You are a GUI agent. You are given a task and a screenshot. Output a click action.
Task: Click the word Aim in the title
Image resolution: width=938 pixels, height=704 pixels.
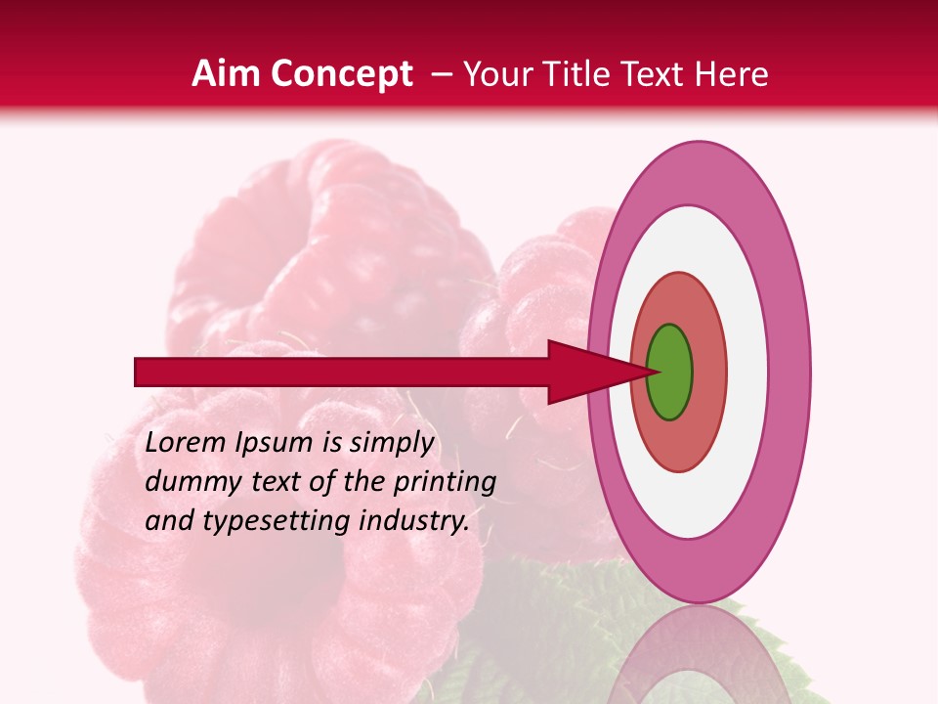coord(227,74)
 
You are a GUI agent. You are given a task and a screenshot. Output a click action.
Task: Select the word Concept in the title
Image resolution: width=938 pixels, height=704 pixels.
coord(341,74)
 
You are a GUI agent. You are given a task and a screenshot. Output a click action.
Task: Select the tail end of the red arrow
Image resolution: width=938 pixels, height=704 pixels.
coord(142,372)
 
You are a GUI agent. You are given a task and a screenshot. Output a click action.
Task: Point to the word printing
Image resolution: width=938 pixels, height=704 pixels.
coord(445,483)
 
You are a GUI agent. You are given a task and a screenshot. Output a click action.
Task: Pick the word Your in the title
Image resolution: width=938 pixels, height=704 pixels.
coord(494,74)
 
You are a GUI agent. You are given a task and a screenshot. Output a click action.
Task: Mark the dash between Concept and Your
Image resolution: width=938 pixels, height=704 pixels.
coord(442,75)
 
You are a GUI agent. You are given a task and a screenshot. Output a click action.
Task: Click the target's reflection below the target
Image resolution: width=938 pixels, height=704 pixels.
coord(698,655)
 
